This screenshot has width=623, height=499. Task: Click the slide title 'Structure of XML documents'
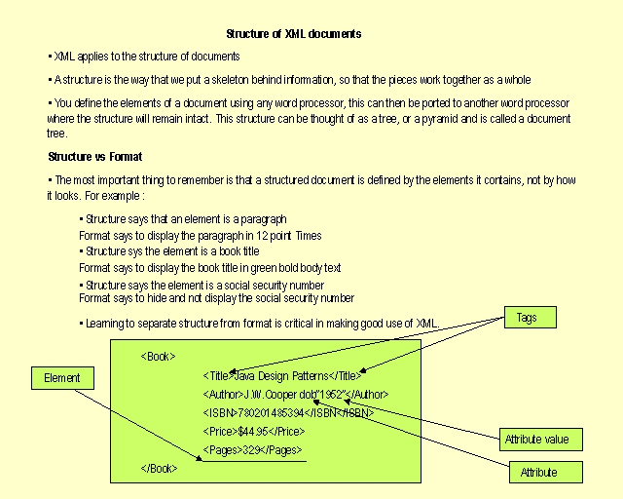click(294, 34)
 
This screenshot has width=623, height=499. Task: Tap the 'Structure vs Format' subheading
click(95, 156)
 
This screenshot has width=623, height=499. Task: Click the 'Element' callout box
click(63, 378)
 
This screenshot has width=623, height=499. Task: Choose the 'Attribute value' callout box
click(536, 441)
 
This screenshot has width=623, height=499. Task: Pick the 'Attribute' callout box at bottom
click(538, 473)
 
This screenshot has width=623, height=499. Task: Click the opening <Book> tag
click(159, 357)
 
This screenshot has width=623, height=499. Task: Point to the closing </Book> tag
click(160, 469)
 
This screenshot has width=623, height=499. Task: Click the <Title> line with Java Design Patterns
click(282, 375)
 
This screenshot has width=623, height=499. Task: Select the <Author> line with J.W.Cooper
click(296, 395)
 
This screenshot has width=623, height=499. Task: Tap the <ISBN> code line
click(288, 413)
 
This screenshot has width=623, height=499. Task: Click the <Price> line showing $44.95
click(254, 432)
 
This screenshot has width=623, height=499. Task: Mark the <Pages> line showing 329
click(252, 450)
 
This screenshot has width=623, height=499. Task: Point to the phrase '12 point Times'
click(290, 236)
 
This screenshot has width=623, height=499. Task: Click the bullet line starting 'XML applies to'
click(146, 57)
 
